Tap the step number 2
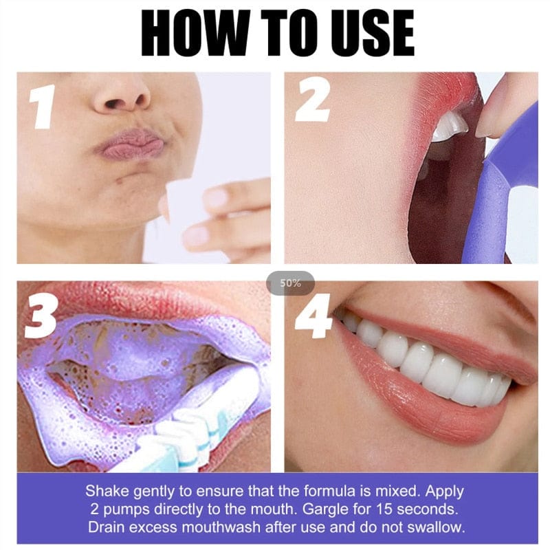click(311, 102)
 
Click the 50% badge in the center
click(290, 283)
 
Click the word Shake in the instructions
click(104, 492)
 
